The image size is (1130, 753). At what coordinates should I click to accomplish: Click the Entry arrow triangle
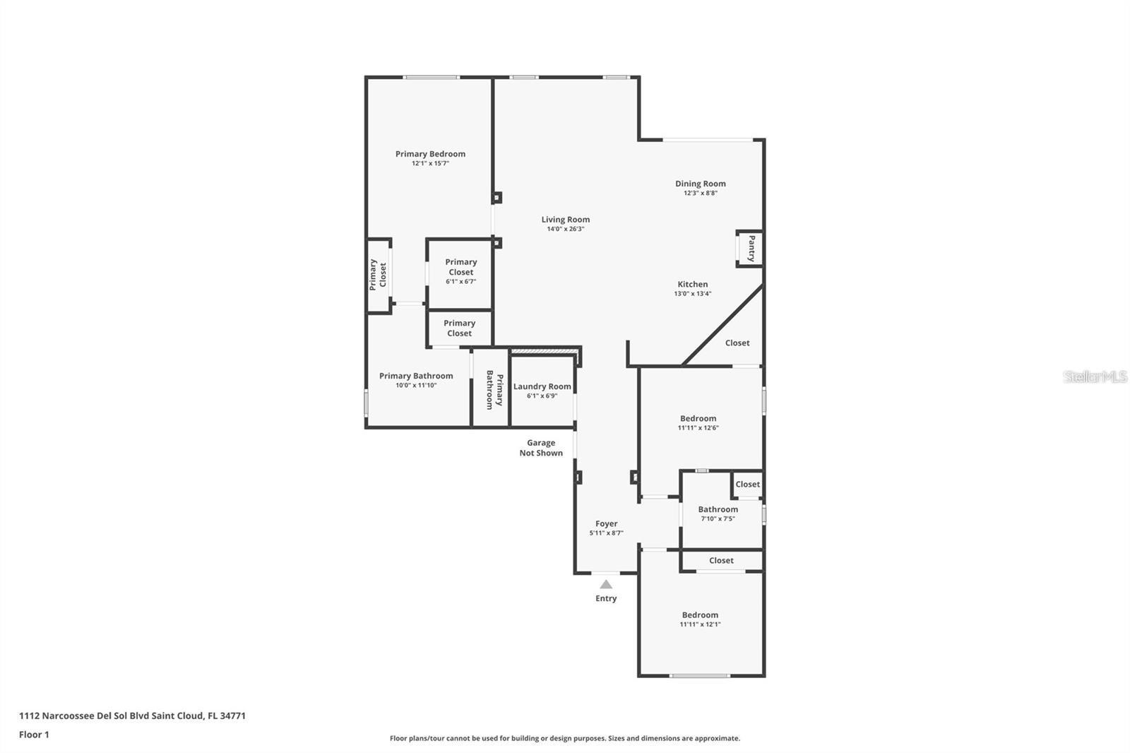[606, 584]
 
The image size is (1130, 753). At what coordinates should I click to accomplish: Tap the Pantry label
[751, 249]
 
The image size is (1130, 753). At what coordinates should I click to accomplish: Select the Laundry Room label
[542, 386]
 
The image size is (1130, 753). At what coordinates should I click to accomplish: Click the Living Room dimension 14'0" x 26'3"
[565, 229]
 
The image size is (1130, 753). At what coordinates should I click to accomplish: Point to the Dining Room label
[700, 184]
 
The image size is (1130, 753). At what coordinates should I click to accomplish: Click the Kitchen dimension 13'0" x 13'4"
[692, 294]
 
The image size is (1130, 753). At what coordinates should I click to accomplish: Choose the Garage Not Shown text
[541, 448]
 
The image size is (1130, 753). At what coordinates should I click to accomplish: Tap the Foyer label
[606, 523]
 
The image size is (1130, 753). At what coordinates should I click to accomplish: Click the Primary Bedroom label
[430, 154]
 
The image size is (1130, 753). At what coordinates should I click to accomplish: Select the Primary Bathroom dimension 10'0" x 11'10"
[416, 386]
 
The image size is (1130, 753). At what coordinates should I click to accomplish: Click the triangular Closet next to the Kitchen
[737, 343]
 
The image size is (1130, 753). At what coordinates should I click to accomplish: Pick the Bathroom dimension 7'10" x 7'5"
[718, 518]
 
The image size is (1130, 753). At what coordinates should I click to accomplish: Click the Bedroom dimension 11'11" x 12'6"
[698, 428]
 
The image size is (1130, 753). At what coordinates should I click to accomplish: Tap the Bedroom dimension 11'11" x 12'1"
[700, 624]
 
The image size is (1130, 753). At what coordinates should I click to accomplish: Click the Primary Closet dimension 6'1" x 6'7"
[460, 282]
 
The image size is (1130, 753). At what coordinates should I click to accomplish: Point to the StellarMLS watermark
[1095, 376]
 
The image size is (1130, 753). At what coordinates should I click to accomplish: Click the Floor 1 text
[34, 735]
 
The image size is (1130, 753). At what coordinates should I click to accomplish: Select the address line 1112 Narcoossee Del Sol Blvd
[132, 716]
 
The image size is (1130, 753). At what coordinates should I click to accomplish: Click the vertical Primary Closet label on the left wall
[378, 275]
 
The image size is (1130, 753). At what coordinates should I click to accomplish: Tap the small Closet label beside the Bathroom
[747, 484]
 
